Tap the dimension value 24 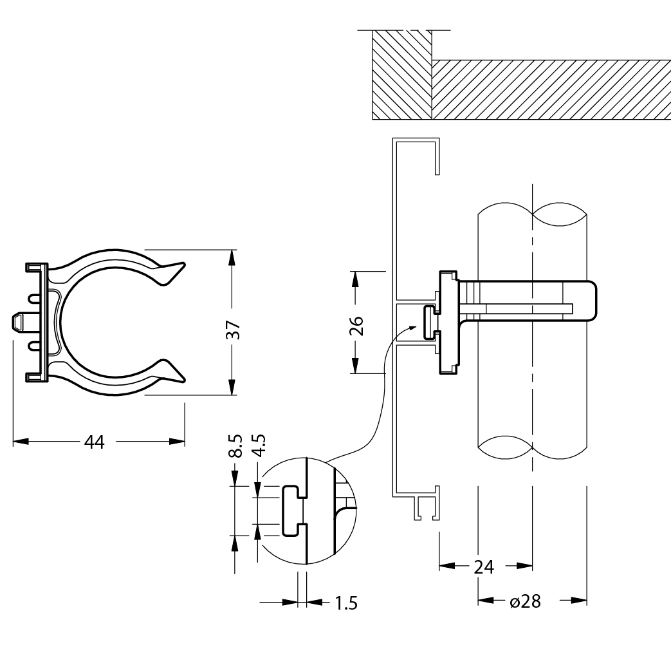[x=484, y=567]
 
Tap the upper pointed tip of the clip [x=184, y=263]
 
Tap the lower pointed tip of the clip [x=184, y=379]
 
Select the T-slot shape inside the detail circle [x=293, y=510]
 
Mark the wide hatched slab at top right [x=550, y=89]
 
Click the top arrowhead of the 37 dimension [x=232, y=256]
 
